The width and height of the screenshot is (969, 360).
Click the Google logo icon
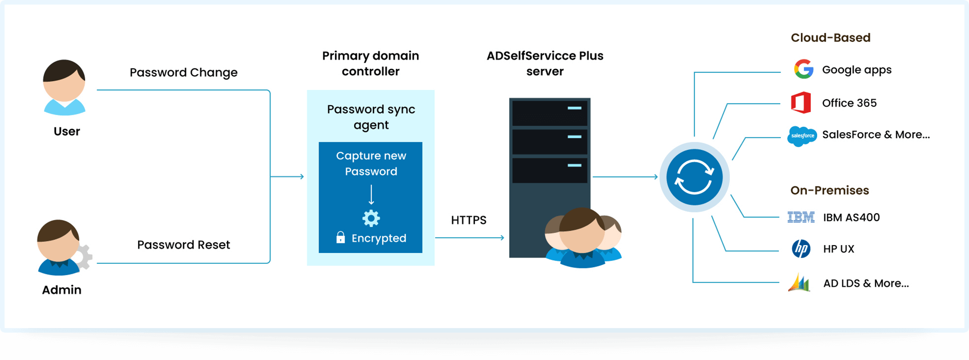coord(804,70)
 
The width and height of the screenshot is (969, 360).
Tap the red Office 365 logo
coord(801,103)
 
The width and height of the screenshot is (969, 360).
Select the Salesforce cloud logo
coord(802,136)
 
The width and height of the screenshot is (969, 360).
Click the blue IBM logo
coord(801,217)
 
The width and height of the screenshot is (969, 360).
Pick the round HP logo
coord(801,249)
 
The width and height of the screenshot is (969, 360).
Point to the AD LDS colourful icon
coord(799,283)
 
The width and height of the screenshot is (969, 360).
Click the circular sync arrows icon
coord(694,177)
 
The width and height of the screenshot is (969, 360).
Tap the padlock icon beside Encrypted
coord(340,237)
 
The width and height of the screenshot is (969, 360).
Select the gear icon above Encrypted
coord(371,218)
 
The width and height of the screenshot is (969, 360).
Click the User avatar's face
coord(64,84)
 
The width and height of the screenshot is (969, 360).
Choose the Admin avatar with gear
coord(62,248)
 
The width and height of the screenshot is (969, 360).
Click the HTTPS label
coord(469,220)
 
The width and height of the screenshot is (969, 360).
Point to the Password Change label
coord(183,72)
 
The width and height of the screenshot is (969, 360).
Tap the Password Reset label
coord(183,245)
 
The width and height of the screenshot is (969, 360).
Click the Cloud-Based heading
coord(830,38)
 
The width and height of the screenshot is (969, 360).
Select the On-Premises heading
coord(830,190)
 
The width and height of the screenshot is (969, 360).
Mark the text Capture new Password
coord(371,164)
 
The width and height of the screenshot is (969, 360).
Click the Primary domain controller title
coord(371,63)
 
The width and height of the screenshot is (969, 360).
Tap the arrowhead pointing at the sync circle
coord(655,177)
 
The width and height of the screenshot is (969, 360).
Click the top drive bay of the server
coord(550,113)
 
